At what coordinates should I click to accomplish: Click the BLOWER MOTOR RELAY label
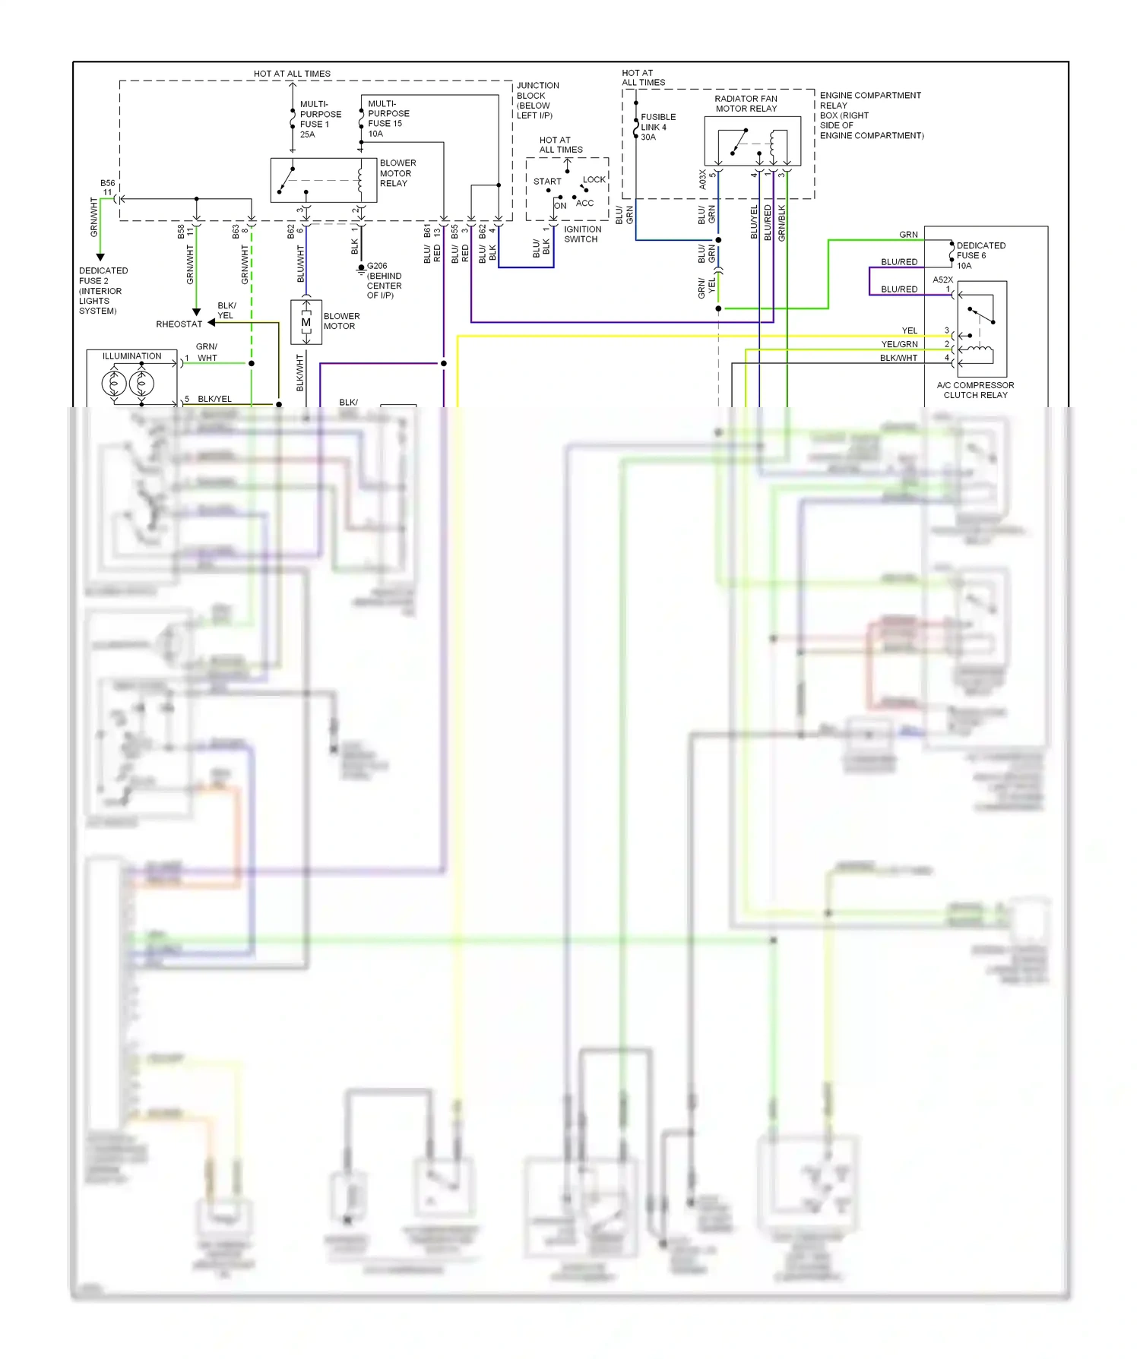coord(397,173)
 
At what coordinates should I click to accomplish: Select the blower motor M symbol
coord(306,322)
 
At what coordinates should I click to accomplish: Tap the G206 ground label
coord(383,280)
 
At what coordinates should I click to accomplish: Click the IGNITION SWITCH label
coord(582,234)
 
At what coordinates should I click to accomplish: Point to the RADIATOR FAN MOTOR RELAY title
coord(746,103)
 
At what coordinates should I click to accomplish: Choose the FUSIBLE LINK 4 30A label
coord(657,127)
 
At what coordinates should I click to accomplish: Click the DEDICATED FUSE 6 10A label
coord(980,255)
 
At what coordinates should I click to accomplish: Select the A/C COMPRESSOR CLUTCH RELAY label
coord(975,390)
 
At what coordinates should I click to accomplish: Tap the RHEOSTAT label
coord(179,324)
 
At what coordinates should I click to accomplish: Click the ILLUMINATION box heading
coord(132,356)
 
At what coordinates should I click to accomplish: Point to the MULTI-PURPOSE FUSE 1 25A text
coord(320,119)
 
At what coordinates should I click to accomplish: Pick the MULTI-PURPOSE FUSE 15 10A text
coord(388,119)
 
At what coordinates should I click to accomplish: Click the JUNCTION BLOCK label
coord(537,100)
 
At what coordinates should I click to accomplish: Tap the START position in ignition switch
coord(546,182)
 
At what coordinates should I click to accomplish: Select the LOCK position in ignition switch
coord(594,180)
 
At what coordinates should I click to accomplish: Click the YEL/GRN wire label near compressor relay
coord(899,344)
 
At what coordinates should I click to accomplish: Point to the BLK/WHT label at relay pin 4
coord(898,358)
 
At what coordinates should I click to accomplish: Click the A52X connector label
coord(942,280)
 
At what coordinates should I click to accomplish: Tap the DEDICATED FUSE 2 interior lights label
coord(103,290)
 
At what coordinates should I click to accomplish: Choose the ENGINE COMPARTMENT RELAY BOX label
coord(871,115)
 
